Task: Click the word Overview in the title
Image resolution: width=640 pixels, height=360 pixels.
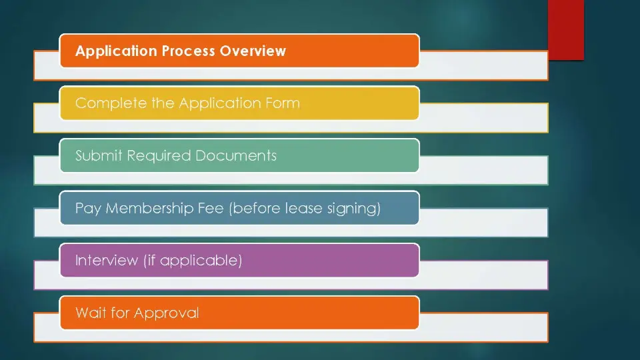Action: pyautogui.click(x=253, y=51)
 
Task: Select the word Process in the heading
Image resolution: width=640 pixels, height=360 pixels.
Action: pyautogui.click(x=189, y=51)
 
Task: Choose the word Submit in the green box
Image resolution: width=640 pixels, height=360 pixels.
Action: pyautogui.click(x=99, y=155)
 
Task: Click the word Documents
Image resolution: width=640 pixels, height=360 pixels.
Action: pyautogui.click(x=236, y=155)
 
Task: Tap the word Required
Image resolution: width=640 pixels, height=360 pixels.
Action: pyautogui.click(x=159, y=156)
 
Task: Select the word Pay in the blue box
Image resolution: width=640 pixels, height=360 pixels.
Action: pyautogui.click(x=88, y=209)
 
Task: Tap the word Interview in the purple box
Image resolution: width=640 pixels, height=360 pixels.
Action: pyautogui.click(x=107, y=261)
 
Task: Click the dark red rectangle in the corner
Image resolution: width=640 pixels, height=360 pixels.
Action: pyautogui.click(x=566, y=30)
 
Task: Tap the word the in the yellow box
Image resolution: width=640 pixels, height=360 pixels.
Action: pyautogui.click(x=163, y=103)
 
